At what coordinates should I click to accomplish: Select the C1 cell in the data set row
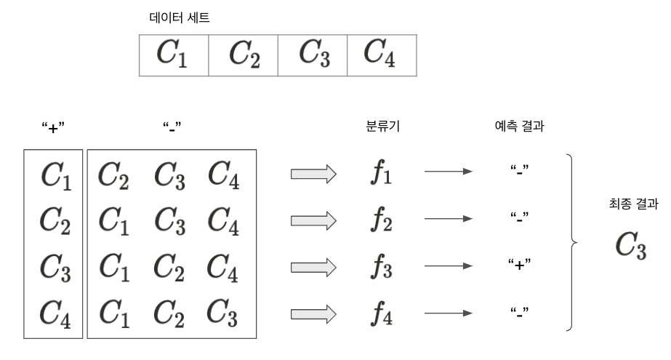point(173,54)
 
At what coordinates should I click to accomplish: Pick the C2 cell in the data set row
point(243,54)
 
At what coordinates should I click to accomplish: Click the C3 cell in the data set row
point(313,54)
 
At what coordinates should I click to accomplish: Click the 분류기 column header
point(382,127)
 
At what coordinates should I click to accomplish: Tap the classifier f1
point(382,175)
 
